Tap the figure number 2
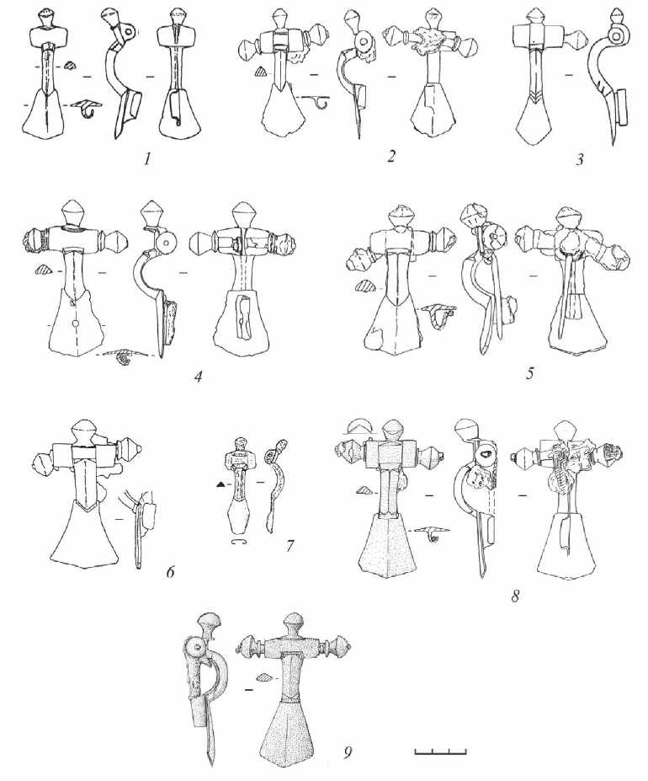point(391,157)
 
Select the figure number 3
point(579,160)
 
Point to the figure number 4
point(199,377)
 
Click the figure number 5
point(530,373)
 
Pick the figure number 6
point(170,572)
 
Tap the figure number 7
point(289,547)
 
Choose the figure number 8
point(516,595)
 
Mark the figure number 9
point(348,738)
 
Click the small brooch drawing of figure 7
point(238,490)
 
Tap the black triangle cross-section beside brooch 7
point(219,484)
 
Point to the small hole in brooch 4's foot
point(75,324)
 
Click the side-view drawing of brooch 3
point(608,83)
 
